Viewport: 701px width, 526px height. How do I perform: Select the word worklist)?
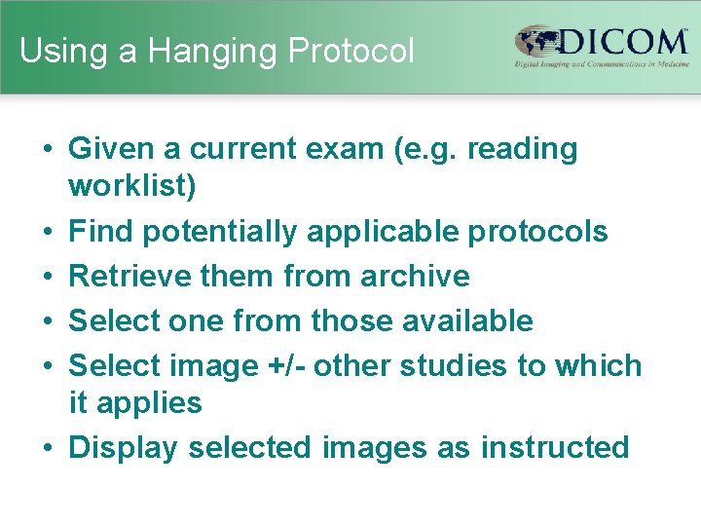coord(132,187)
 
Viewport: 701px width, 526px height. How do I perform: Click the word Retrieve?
coord(129,277)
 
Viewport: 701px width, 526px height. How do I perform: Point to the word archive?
coord(415,277)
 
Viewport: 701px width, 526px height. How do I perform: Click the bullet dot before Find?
coord(47,232)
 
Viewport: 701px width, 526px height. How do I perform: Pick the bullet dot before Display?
coord(47,448)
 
